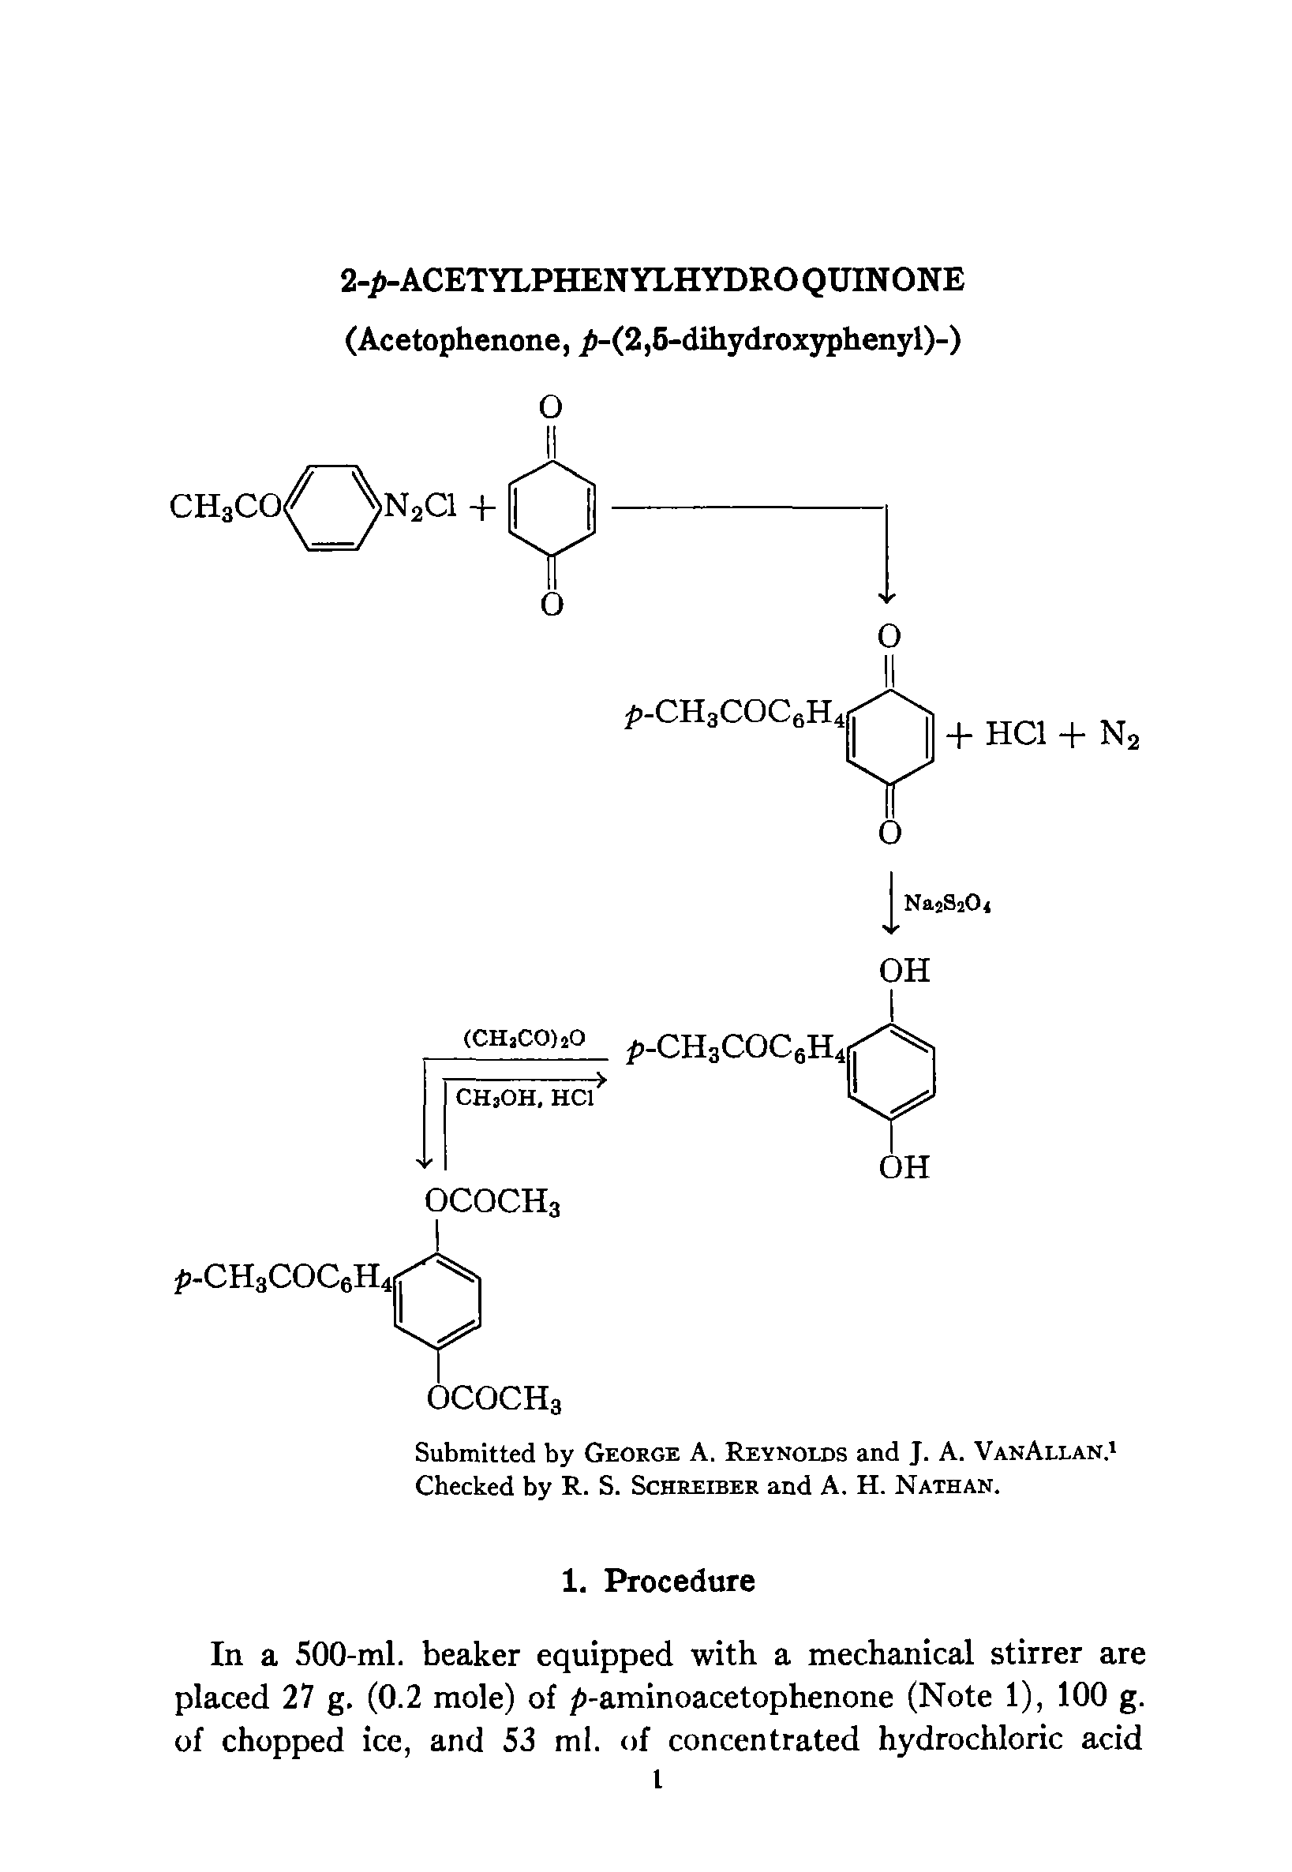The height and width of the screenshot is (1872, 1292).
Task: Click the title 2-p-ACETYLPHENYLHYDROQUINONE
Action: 653,280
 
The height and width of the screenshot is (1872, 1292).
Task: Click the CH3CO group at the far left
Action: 224,507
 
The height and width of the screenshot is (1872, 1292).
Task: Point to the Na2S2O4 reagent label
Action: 947,903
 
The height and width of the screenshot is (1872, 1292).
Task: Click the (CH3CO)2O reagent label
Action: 524,1039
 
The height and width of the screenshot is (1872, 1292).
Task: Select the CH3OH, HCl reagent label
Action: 525,1098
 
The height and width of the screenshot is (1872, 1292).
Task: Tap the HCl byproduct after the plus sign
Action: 1016,734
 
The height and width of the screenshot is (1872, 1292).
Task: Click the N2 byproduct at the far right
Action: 1120,736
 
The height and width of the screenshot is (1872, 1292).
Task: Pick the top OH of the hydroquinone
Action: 904,972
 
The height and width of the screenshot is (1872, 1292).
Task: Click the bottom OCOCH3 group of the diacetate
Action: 493,1398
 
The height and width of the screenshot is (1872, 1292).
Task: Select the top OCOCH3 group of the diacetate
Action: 492,1202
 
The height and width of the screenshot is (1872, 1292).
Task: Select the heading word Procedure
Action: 680,1581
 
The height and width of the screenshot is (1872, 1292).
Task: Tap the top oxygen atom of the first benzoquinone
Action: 550,407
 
